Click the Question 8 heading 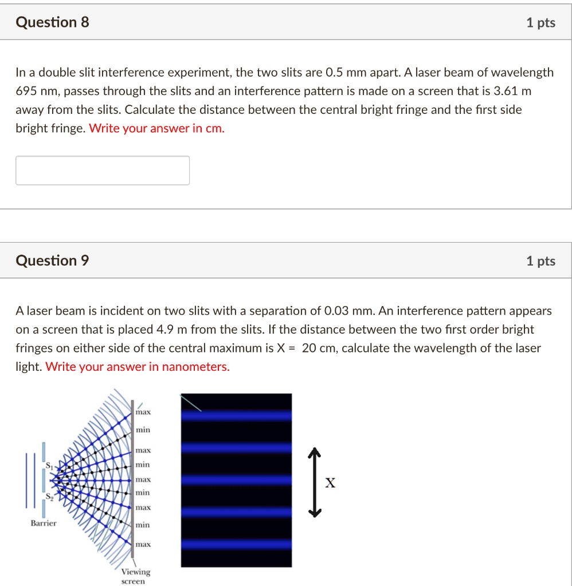click(53, 22)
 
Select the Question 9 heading click(53, 261)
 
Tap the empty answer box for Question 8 click(103, 171)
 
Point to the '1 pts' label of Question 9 click(540, 261)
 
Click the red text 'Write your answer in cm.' click(157, 129)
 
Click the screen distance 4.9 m click(171, 330)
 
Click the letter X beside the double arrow click(330, 484)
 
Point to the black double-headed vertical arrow click(313, 482)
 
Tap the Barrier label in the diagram click(44, 523)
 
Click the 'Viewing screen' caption click(135, 576)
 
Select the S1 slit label click(50, 465)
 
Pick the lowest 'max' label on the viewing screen click(143, 544)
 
